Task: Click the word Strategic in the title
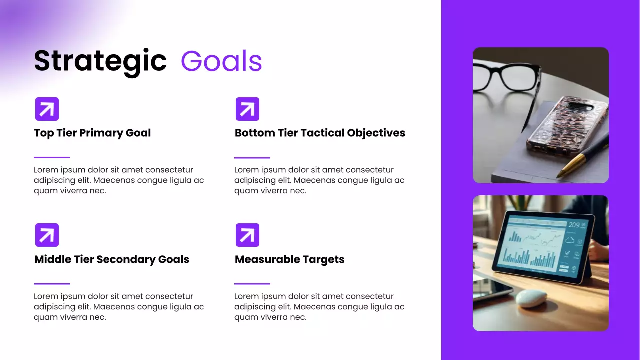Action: pos(100,61)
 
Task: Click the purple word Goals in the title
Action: pos(221,61)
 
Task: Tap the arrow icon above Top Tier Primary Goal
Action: pos(47,109)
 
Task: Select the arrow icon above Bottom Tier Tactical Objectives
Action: pos(247,109)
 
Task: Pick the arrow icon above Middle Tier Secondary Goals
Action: pos(47,235)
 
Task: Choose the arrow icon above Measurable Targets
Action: pos(247,235)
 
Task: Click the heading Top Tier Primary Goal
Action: pos(92,133)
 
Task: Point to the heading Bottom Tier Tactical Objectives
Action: pos(320,133)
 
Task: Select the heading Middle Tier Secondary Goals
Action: pos(112,259)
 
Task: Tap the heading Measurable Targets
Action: pos(289,259)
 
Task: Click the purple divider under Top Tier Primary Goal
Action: pos(52,157)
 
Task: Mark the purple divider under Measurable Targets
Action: pos(252,284)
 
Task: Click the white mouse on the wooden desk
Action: pos(531,298)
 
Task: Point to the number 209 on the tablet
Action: pos(574,225)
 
